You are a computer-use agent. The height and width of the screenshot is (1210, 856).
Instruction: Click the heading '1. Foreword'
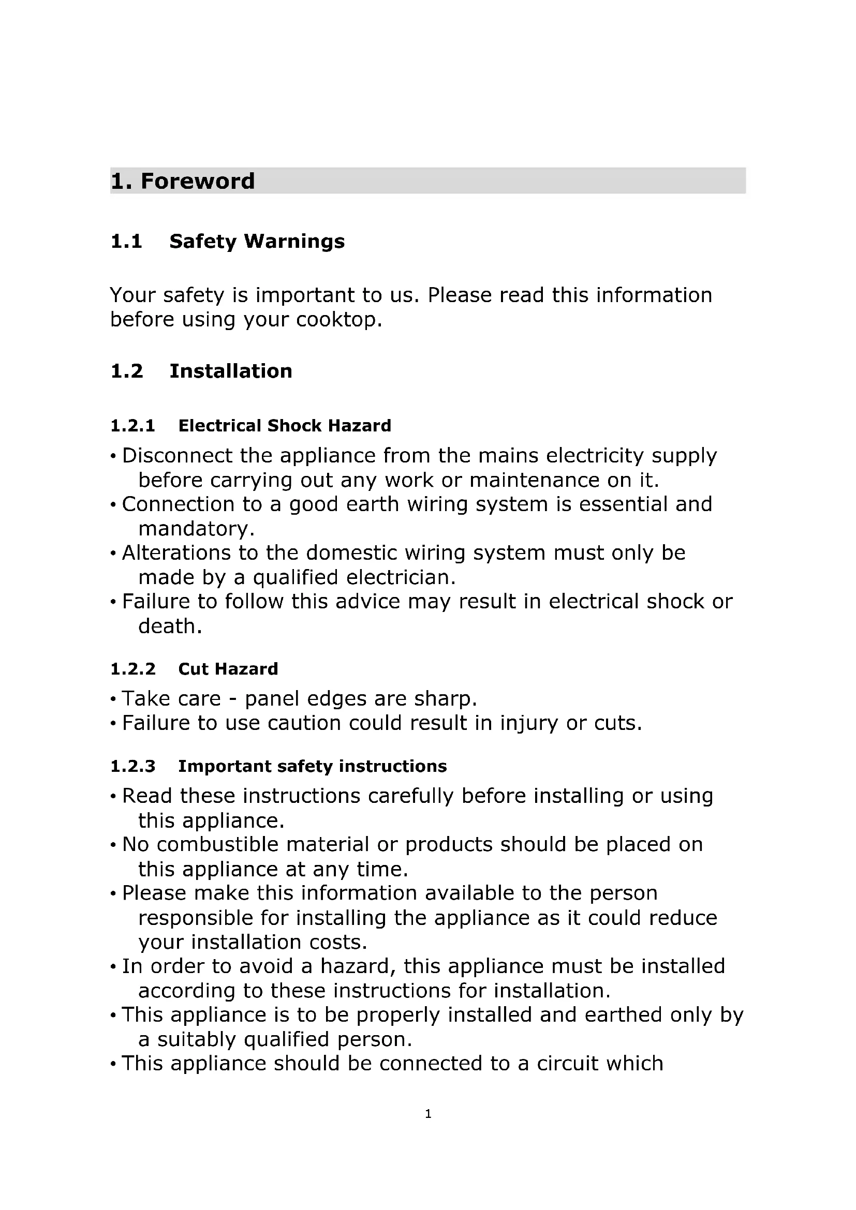click(182, 181)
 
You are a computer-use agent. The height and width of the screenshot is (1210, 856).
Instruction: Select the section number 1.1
click(126, 242)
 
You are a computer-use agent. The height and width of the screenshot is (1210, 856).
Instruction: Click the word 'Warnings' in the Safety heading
click(294, 242)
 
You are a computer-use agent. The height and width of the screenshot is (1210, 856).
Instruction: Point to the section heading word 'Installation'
click(231, 371)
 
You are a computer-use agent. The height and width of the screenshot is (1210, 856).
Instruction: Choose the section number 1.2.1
click(133, 426)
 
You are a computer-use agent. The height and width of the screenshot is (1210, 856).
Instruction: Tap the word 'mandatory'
click(193, 529)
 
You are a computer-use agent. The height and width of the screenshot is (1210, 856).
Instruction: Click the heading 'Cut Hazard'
click(228, 669)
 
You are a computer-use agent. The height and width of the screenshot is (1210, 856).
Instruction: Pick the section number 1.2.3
click(133, 766)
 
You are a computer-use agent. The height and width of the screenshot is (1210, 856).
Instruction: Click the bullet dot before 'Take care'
click(113, 700)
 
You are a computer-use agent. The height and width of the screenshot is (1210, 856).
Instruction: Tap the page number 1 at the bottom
click(428, 1114)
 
